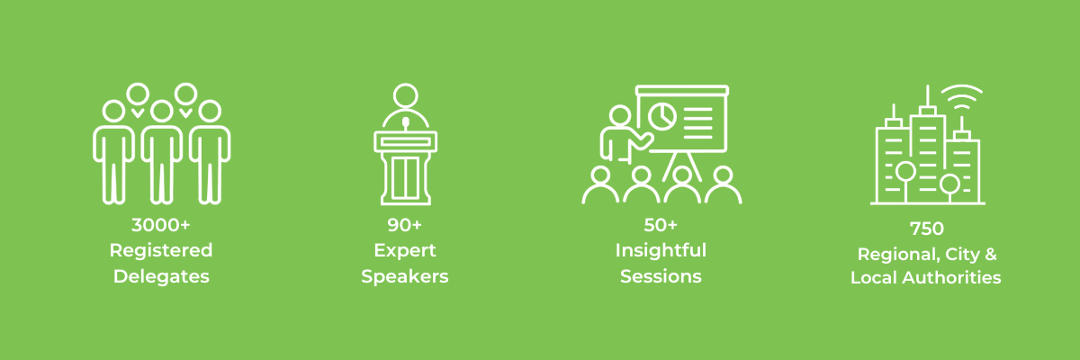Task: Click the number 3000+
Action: pyautogui.click(x=161, y=225)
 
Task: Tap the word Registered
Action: pyautogui.click(x=161, y=250)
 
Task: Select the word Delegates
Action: pyautogui.click(x=161, y=276)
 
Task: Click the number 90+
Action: pyautogui.click(x=404, y=225)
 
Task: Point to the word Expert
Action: pyautogui.click(x=404, y=250)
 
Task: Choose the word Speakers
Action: pyautogui.click(x=404, y=276)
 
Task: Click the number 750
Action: pyautogui.click(x=925, y=229)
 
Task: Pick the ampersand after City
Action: pyautogui.click(x=990, y=254)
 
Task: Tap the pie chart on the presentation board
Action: pyautogui.click(x=662, y=115)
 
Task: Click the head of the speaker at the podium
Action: pyautogui.click(x=405, y=95)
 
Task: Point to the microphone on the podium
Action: pyautogui.click(x=405, y=122)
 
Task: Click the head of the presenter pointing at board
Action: pyautogui.click(x=620, y=116)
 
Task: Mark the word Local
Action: pyautogui.click(x=873, y=279)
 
